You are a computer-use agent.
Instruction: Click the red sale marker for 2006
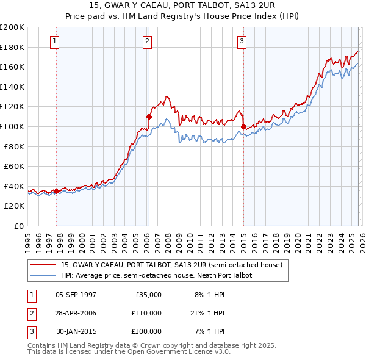click(149, 116)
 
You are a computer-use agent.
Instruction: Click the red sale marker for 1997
click(56, 191)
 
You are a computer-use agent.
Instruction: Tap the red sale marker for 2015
click(243, 126)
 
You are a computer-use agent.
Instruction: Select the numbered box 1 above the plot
click(55, 41)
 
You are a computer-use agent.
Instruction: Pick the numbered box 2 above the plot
click(148, 41)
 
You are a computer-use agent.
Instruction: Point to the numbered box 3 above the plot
click(242, 41)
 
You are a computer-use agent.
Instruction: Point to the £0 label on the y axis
click(18, 226)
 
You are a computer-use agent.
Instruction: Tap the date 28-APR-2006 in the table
click(74, 313)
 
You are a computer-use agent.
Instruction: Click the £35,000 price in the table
click(147, 295)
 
